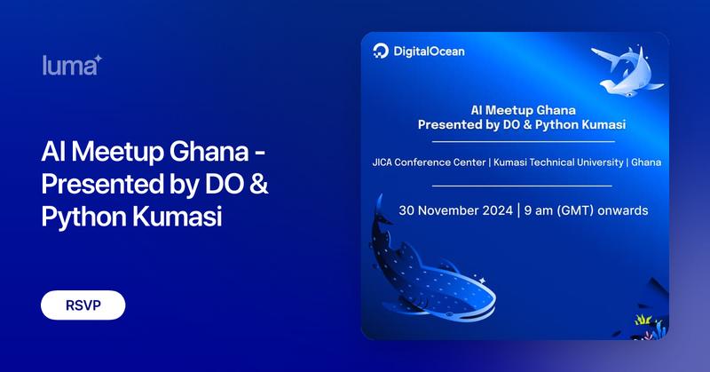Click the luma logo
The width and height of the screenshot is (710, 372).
(x=70, y=66)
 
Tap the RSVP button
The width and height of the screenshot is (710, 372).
(x=83, y=305)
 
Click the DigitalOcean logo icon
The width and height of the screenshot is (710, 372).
(x=382, y=51)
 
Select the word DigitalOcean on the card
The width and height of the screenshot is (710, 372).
(x=430, y=51)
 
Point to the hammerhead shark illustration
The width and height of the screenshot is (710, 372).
(x=627, y=71)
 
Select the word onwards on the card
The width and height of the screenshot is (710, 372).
(x=627, y=211)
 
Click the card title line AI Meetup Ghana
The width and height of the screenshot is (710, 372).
(x=522, y=110)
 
